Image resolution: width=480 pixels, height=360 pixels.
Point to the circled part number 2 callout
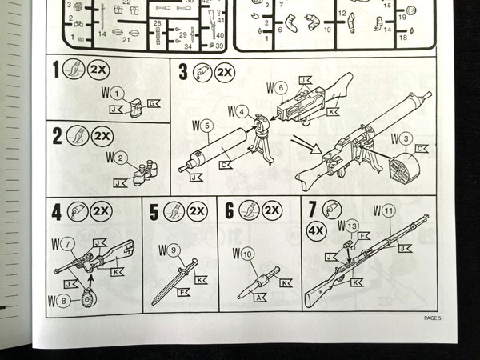pos(119,157)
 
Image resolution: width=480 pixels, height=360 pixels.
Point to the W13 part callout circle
pos(351,226)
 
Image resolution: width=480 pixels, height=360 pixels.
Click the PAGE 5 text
pos(439,318)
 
